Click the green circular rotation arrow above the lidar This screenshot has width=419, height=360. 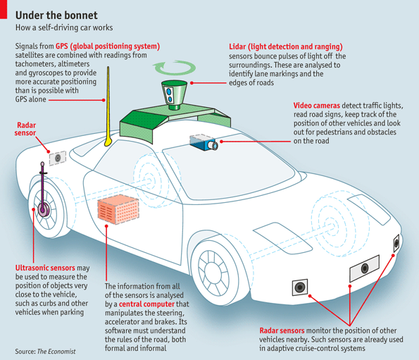click(x=173, y=68)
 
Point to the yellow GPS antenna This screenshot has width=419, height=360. click(x=108, y=106)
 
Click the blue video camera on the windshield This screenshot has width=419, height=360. click(x=204, y=142)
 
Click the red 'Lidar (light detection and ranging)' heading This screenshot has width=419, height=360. click(x=285, y=46)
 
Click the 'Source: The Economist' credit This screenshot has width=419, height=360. click(x=45, y=351)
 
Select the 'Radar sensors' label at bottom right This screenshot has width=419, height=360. click(x=281, y=330)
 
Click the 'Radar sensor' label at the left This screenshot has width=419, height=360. click(x=26, y=128)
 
